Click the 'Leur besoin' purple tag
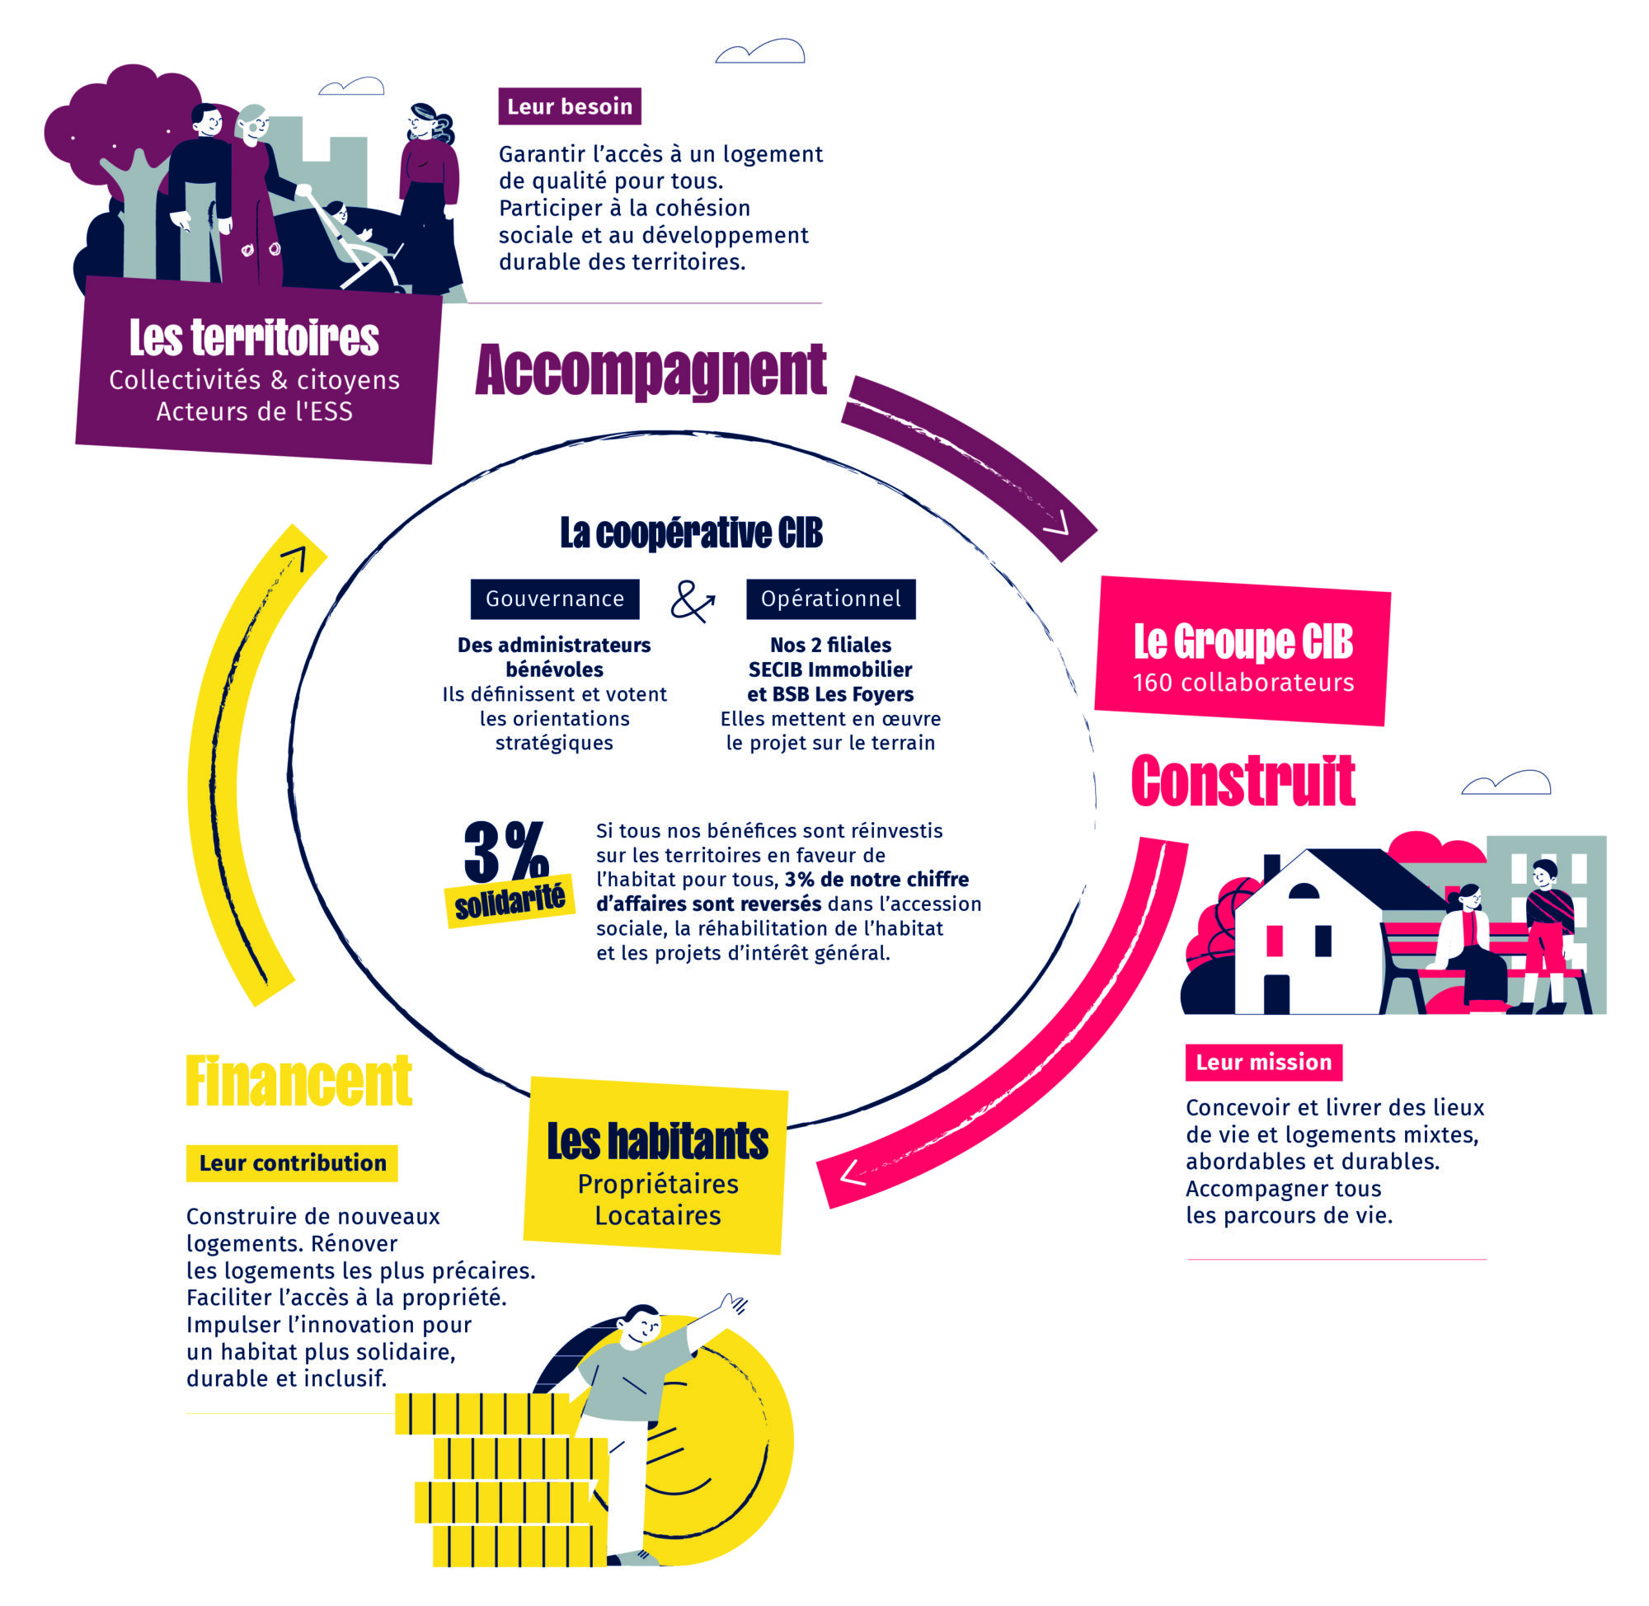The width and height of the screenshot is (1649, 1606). click(570, 106)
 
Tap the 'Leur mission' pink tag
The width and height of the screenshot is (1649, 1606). click(1262, 1062)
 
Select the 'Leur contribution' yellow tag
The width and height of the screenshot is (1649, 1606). click(292, 1162)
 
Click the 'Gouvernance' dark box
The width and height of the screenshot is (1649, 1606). click(554, 599)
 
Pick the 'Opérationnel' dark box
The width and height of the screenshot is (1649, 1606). click(830, 599)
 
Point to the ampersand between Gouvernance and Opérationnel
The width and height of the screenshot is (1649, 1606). click(692, 601)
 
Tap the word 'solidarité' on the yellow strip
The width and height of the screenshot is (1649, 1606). click(510, 902)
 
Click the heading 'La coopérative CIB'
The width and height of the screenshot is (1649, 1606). click(691, 533)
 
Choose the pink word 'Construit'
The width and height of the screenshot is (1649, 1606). click(1243, 781)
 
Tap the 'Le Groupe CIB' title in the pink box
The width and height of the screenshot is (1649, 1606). click(1243, 642)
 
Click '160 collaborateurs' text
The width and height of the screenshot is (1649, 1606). click(1243, 683)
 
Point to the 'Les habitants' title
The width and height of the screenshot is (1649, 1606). click(657, 1141)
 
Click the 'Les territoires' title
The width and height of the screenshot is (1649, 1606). click(254, 337)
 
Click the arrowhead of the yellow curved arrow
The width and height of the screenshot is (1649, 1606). click(294, 556)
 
